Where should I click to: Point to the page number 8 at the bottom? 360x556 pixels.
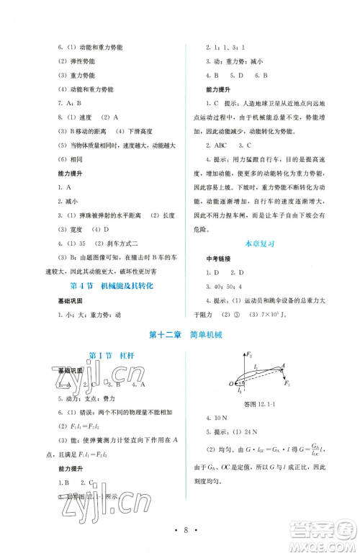click(180, 532)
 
